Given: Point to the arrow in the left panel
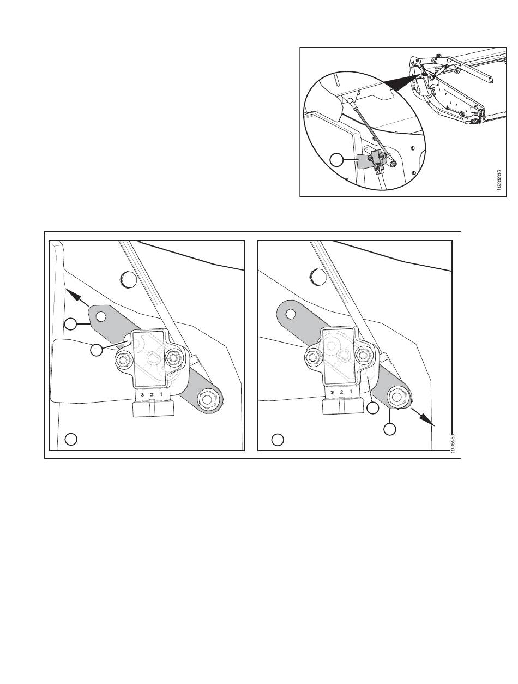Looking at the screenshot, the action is coord(77,298).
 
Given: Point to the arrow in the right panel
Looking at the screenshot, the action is coord(423,416).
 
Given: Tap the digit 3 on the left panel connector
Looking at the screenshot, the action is coord(142,394).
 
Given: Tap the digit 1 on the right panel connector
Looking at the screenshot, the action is coord(351,392).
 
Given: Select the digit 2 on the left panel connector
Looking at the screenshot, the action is coord(152,394).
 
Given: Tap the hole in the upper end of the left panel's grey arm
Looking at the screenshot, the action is coord(101,316).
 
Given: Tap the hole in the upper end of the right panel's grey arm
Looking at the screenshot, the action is coord(291,313).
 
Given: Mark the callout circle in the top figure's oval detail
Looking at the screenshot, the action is coord(336,160).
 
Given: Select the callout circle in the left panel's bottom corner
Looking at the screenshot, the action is coord(71,439).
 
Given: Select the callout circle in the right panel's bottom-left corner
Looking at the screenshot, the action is coord(278,440).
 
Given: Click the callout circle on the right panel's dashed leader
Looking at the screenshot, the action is coord(373,408).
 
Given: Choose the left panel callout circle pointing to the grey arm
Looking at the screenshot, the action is coord(71,324).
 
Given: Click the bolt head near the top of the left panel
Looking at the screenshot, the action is coord(128,279).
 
